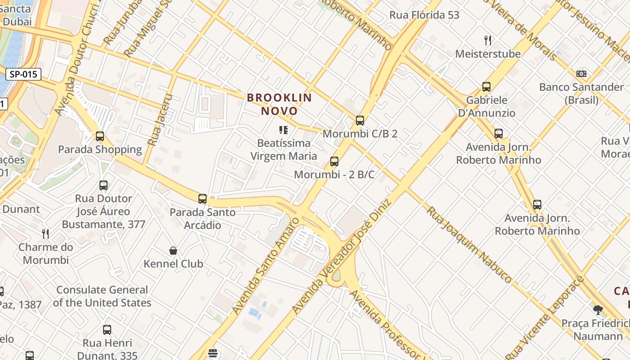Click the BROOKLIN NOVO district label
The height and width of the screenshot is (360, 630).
tap(279, 104)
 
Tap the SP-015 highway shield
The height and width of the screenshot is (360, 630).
tap(23, 74)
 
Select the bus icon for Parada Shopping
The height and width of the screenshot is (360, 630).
tap(100, 136)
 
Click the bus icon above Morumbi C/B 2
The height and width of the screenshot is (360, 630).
tap(360, 120)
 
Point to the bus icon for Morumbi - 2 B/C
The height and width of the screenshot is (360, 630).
tap(334, 161)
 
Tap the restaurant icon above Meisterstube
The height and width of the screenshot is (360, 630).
tap(488, 40)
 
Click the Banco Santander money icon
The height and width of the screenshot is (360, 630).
tap(581, 73)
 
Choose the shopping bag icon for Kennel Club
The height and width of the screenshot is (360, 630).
tap(173, 250)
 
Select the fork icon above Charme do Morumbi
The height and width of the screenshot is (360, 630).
tap(45, 234)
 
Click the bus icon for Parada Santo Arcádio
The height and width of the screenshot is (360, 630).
tap(202, 198)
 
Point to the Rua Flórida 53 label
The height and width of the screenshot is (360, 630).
tap(424, 15)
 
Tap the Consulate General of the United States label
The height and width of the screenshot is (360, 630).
tap(102, 296)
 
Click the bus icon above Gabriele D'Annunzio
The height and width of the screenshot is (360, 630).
tap(486, 86)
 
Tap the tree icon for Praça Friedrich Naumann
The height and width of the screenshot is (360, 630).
tap(598, 310)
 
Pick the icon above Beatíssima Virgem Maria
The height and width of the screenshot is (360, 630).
tap(283, 130)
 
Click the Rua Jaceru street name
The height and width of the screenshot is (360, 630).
tap(160, 119)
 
